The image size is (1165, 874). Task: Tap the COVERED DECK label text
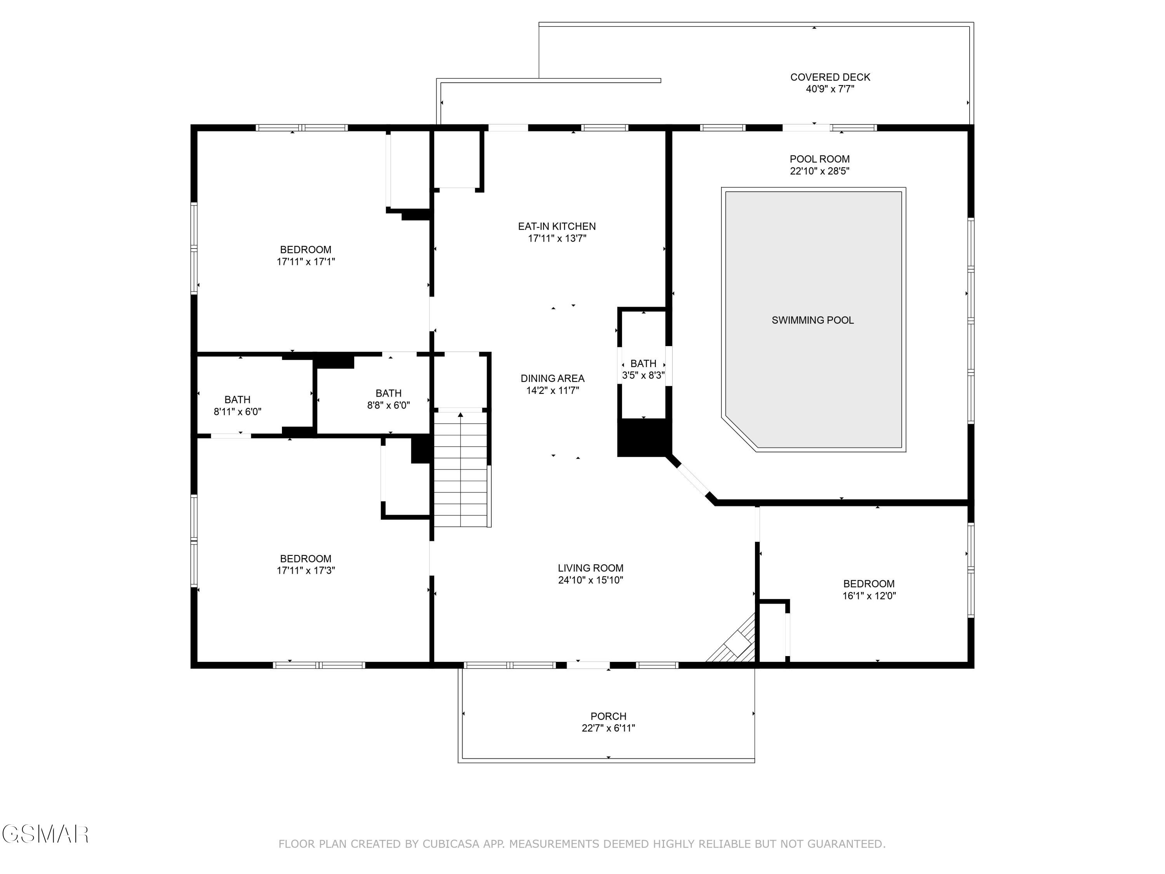tap(830, 77)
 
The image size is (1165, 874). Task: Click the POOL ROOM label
tap(819, 159)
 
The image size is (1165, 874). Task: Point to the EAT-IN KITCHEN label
tap(557, 226)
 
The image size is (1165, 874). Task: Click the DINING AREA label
tap(553, 378)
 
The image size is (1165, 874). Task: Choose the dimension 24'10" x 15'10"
tap(590, 580)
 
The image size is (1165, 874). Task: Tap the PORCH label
tap(608, 716)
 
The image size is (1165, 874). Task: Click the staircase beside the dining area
tap(461, 469)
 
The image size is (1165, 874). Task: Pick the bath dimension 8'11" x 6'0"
tap(238, 411)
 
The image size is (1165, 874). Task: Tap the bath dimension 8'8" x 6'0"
tap(388, 405)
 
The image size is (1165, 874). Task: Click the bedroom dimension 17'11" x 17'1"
tap(306, 261)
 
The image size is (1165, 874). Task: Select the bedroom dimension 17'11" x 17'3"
tap(306, 570)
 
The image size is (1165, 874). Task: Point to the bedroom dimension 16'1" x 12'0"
tap(869, 596)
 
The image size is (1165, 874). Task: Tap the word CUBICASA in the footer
tap(450, 843)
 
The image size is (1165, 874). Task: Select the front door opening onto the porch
tap(588, 665)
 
